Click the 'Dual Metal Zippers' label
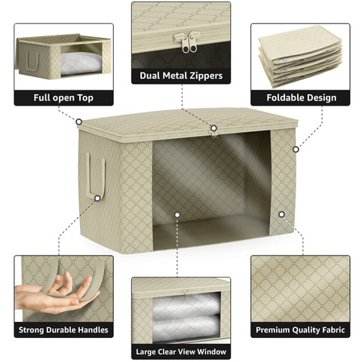[181, 76]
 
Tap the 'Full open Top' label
[63, 98]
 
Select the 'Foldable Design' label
[299, 98]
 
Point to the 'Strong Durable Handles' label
[63, 330]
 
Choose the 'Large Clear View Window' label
[181, 351]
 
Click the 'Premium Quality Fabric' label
[299, 330]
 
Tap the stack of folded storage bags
[299, 57]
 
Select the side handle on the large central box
[95, 176]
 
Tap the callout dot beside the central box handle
[78, 120]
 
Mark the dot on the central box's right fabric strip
[281, 214]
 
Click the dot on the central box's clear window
[177, 215]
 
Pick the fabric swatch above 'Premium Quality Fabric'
[299, 287]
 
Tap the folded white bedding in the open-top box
[78, 63]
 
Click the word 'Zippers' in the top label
[204, 76]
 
